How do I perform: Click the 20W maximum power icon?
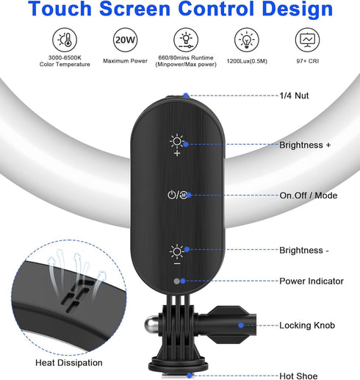[125, 40]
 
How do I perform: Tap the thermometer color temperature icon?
[65, 40]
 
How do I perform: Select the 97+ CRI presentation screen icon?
[307, 40]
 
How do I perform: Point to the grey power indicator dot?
[176, 282]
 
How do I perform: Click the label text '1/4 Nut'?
[294, 96]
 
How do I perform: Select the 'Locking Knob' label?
[307, 326]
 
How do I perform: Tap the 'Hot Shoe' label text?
[298, 376]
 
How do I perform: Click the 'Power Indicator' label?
[312, 281]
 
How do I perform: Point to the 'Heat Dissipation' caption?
[69, 362]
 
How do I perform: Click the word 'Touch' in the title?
[60, 8]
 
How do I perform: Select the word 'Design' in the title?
[298, 9]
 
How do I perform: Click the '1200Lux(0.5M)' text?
[247, 61]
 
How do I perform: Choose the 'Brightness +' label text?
[305, 145]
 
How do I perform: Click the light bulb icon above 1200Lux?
[247, 40]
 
